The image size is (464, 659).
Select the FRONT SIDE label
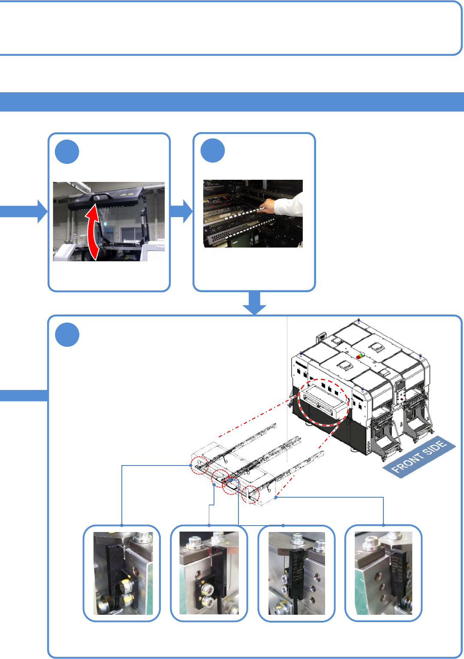coord(419,457)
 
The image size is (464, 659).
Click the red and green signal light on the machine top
coord(359,356)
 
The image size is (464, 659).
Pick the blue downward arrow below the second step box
coord(255,303)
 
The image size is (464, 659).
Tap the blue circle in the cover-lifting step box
coord(67,152)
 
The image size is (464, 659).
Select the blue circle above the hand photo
coord(213,151)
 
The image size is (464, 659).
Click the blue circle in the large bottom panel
coord(67,335)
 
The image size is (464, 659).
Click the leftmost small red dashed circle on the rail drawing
coord(199,465)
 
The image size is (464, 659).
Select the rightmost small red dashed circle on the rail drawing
coord(250,494)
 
